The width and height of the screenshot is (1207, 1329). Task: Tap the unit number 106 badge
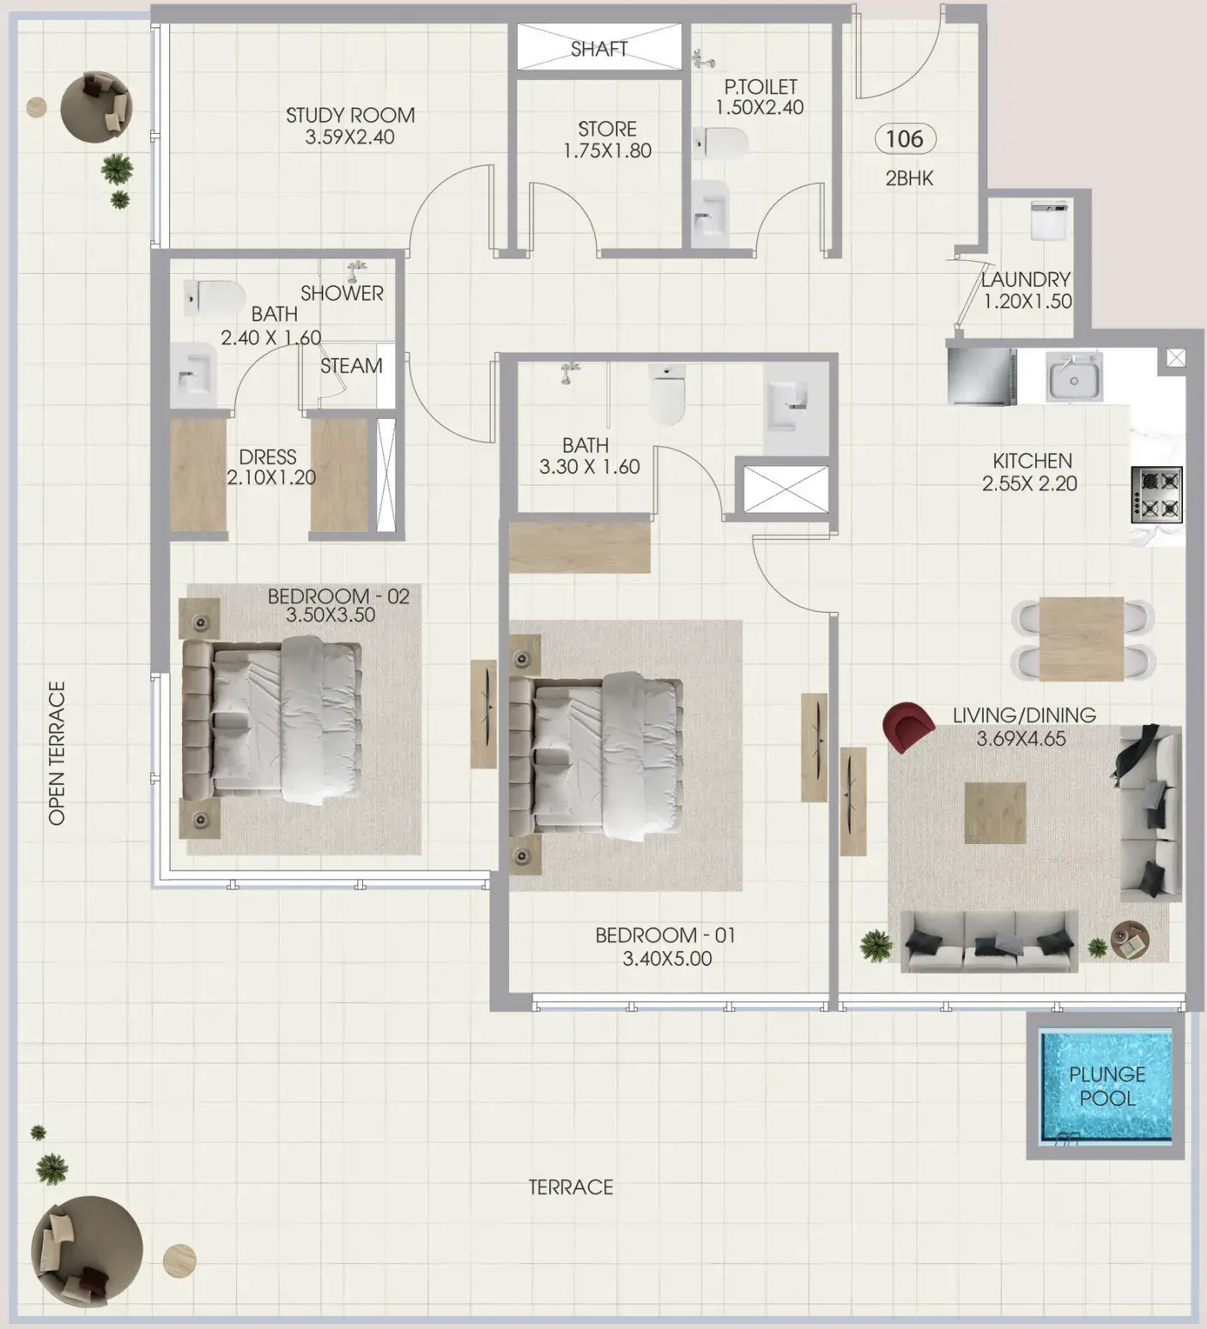pyautogui.click(x=905, y=139)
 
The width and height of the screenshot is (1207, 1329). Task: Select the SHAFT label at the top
pyautogui.click(x=599, y=49)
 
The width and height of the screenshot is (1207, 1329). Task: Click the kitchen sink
pyautogui.click(x=1074, y=378)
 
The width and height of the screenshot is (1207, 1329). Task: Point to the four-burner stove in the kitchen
pyautogui.click(x=1156, y=495)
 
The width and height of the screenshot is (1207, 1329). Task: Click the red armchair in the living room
pyautogui.click(x=907, y=726)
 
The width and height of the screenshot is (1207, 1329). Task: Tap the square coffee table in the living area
pyautogui.click(x=995, y=812)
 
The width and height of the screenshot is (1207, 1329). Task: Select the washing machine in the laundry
pyautogui.click(x=1049, y=221)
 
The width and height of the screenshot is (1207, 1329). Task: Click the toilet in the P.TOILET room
pyautogui.click(x=720, y=143)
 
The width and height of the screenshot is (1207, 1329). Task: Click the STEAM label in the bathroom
pyautogui.click(x=351, y=366)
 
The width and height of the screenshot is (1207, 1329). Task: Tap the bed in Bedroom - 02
pyautogui.click(x=271, y=720)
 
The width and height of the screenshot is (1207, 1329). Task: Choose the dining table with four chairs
pyautogui.click(x=1082, y=639)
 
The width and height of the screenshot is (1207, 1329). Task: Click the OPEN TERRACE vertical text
pyautogui.click(x=57, y=754)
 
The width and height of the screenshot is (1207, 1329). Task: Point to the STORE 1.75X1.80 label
pyautogui.click(x=607, y=140)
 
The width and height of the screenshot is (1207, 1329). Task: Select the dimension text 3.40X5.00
pyautogui.click(x=667, y=958)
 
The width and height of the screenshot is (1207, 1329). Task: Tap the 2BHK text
pyautogui.click(x=909, y=179)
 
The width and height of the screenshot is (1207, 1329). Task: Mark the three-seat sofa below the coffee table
pyautogui.click(x=989, y=941)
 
